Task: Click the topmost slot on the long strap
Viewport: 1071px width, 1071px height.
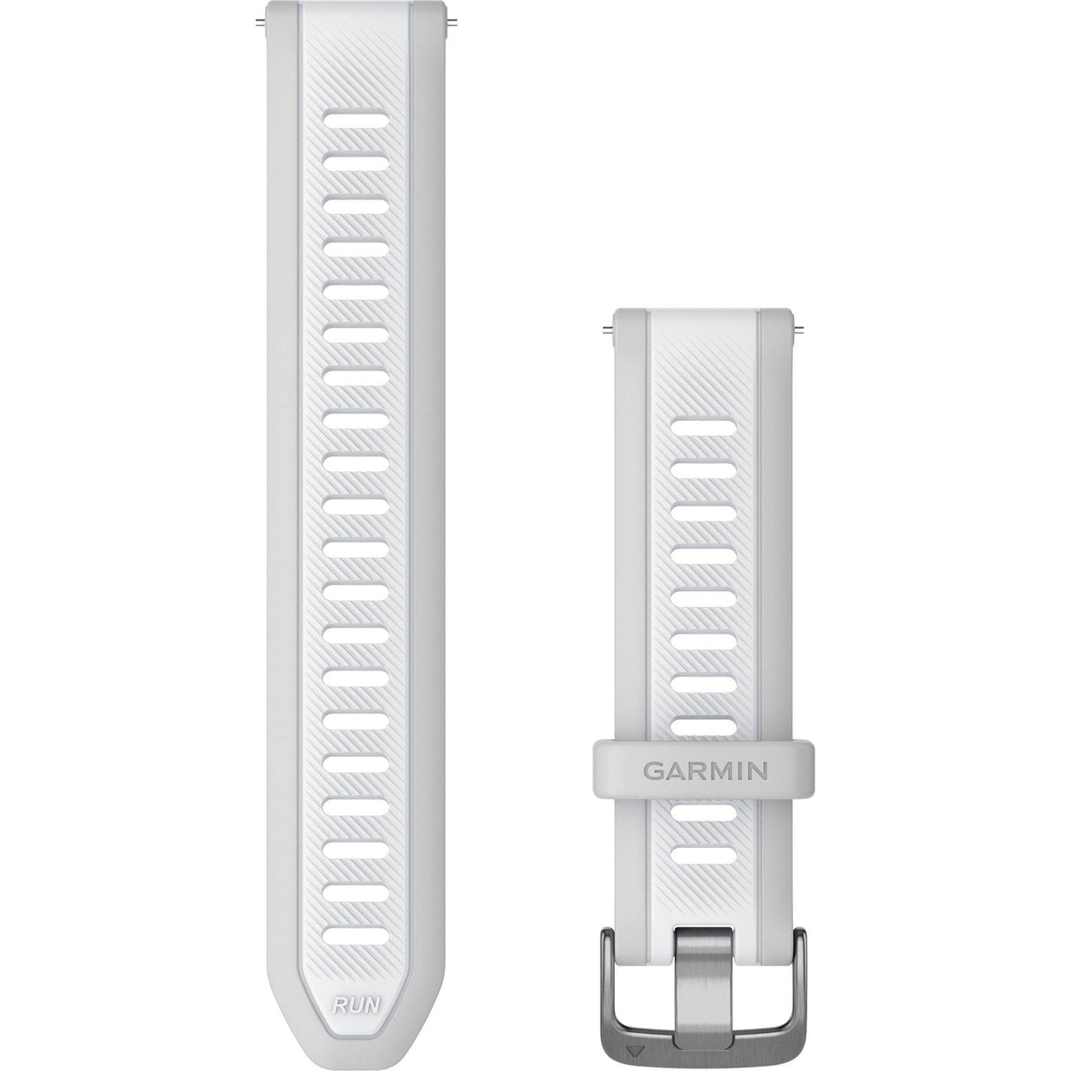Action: pyautogui.click(x=351, y=117)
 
